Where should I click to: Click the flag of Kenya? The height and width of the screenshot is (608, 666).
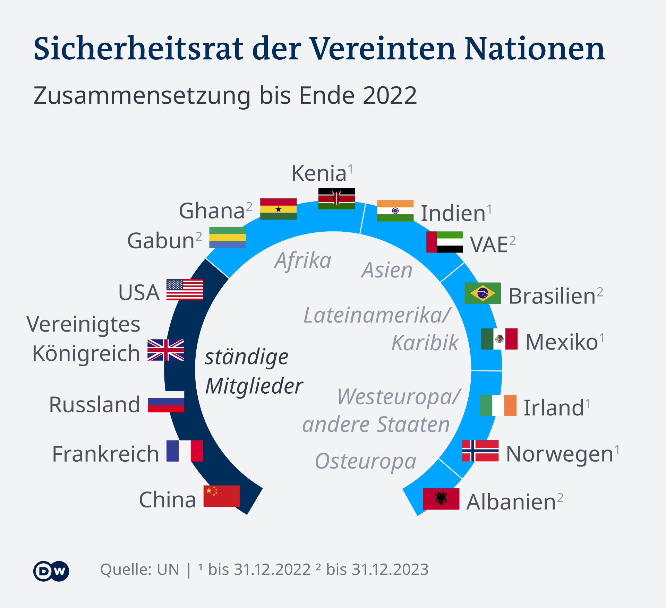[x=336, y=198]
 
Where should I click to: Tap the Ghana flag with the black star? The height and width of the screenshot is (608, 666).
[x=278, y=209]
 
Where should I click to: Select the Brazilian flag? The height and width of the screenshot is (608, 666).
[x=483, y=293]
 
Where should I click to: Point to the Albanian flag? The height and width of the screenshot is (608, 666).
[x=441, y=499]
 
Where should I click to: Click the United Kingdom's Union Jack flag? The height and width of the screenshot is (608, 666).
[x=165, y=350]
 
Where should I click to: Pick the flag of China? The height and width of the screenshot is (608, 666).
[x=221, y=496]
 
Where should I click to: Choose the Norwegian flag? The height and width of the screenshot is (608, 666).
[x=480, y=451]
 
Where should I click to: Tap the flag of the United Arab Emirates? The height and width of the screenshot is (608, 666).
[x=444, y=242]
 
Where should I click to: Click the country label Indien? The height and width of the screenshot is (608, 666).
[x=453, y=213]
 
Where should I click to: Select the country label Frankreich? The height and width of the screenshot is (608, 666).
[x=105, y=454]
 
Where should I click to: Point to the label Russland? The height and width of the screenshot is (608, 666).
[x=94, y=404]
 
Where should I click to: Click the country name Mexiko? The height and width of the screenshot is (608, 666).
[x=562, y=342]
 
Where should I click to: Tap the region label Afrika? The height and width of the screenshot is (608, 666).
[x=303, y=260]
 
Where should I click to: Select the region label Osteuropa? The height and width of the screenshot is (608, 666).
[x=365, y=461]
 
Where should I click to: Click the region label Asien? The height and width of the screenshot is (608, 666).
[x=387, y=270]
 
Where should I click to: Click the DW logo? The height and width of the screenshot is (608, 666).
[x=51, y=571]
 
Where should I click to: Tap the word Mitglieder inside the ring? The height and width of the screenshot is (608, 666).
[x=254, y=386]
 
